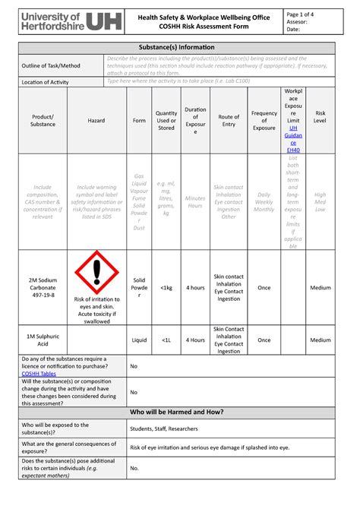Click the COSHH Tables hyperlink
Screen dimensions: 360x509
coord(39,374)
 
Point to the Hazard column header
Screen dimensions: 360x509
coord(96,120)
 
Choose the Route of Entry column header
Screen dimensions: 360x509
coord(229,120)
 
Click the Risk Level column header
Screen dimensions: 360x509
coord(321,120)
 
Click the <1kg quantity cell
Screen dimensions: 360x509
coord(166,288)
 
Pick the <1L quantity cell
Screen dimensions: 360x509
coord(166,340)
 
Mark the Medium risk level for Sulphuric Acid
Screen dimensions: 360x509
coord(321,340)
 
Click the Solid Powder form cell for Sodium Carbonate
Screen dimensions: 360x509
coord(139,288)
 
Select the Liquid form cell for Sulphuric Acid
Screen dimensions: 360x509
coord(139,340)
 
